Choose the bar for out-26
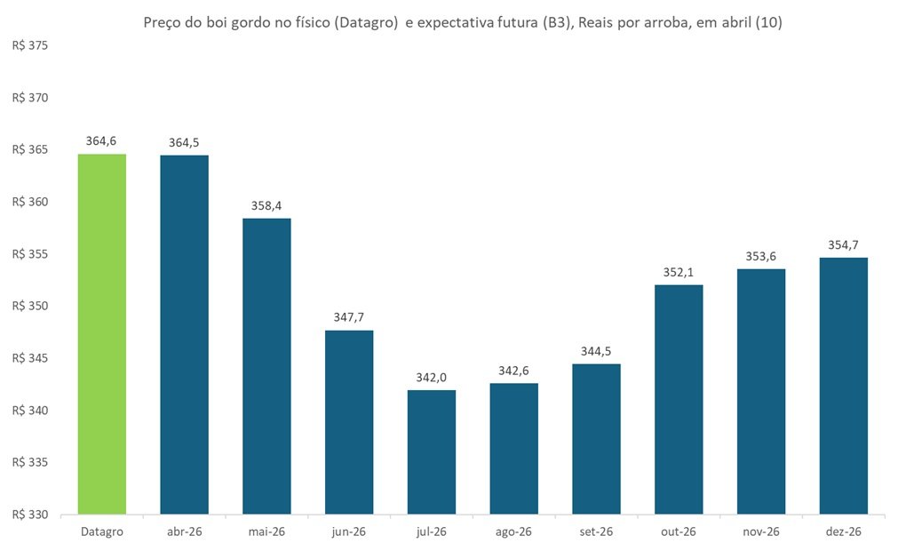click(679, 399)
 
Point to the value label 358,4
click(266, 205)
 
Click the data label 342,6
click(513, 370)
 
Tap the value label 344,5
click(596, 351)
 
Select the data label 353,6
click(761, 256)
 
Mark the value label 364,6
click(101, 140)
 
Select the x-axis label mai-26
click(266, 531)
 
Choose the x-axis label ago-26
click(513, 531)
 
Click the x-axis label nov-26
click(761, 531)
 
